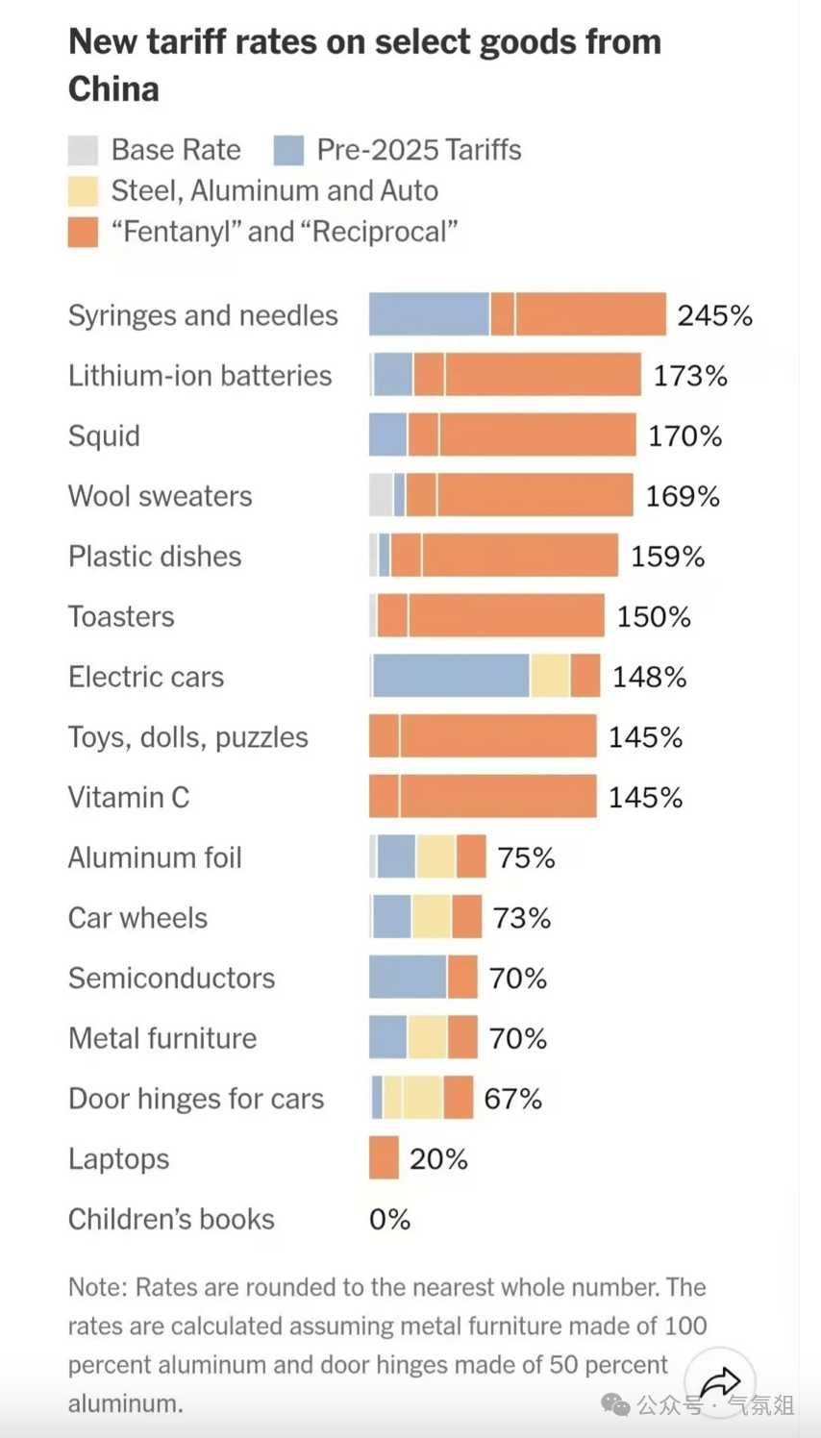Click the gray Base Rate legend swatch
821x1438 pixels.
pos(83,150)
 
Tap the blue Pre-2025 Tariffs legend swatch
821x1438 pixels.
pos(288,150)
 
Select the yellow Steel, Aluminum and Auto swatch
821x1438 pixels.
pos(83,191)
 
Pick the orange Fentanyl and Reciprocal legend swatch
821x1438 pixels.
pos(83,232)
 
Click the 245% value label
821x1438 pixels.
pos(714,315)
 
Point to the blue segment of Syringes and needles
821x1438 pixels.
pos(429,314)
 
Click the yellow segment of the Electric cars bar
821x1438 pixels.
pos(550,676)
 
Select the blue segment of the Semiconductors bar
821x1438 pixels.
pos(408,977)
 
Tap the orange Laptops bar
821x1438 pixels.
pos(384,1157)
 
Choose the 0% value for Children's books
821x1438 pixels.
pos(389,1219)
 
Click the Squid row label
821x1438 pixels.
pos(104,436)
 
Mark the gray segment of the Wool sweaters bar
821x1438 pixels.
pos(381,495)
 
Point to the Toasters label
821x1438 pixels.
pos(121,616)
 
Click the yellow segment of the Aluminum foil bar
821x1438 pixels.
pos(435,856)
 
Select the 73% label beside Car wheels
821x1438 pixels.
pos(522,918)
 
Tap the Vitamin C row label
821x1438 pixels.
pos(129,798)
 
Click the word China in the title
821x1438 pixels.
pos(113,88)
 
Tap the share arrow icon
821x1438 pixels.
pos(719,1383)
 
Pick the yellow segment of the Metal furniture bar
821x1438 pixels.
pos(428,1037)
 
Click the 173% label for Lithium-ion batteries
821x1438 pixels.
pos(690,376)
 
